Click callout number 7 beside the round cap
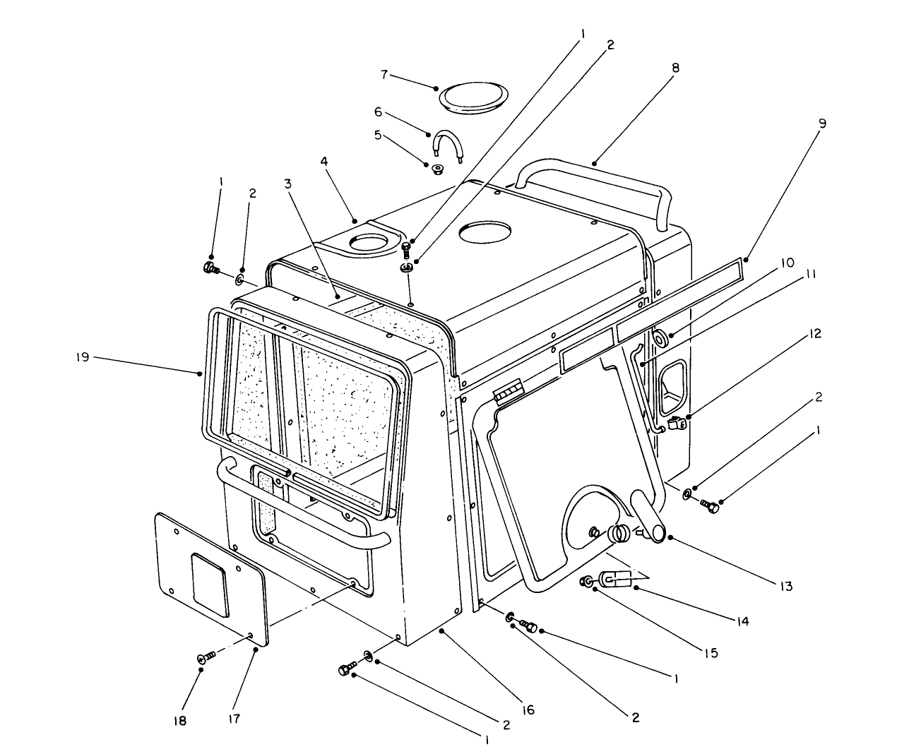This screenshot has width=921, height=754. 404,74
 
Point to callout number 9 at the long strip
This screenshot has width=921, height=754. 822,123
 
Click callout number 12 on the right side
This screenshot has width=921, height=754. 816,333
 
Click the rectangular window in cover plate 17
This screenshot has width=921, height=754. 209,583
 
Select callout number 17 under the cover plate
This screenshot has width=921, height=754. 234,719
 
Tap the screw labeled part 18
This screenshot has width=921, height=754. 204,658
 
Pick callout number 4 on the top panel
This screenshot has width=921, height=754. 323,161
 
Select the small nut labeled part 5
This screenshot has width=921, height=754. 437,169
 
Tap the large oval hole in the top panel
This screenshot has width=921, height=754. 484,231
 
